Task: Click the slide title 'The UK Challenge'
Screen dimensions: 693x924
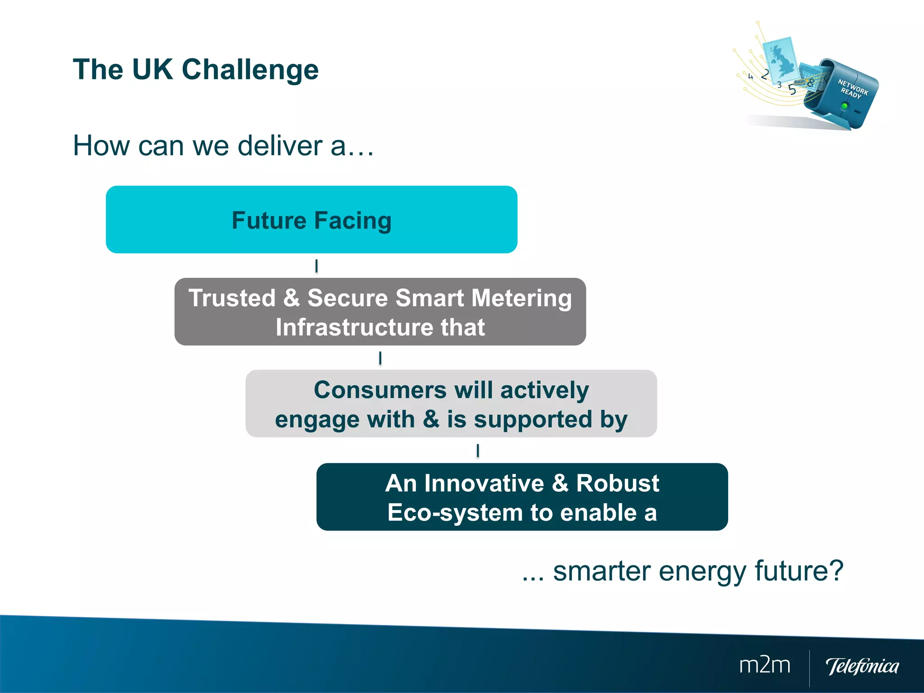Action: (x=195, y=70)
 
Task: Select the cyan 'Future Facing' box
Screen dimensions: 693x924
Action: (x=311, y=220)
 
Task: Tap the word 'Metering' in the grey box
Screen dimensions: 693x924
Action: (x=522, y=298)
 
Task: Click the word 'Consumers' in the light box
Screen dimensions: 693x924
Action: (x=380, y=390)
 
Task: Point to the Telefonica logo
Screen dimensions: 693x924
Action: (x=862, y=666)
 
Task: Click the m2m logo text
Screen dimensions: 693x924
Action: (x=764, y=665)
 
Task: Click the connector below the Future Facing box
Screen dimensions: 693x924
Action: (x=316, y=266)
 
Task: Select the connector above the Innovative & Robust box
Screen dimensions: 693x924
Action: (x=477, y=450)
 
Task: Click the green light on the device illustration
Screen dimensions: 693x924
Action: (x=844, y=106)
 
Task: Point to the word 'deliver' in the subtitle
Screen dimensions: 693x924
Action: (x=280, y=146)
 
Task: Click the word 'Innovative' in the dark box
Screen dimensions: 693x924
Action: (x=484, y=483)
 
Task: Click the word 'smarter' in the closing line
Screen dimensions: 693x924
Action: (x=603, y=571)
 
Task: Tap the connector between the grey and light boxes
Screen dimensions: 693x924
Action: (x=380, y=358)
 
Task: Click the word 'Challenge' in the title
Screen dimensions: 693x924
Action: (x=250, y=70)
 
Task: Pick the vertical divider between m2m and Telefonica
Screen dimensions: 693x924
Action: (x=809, y=667)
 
